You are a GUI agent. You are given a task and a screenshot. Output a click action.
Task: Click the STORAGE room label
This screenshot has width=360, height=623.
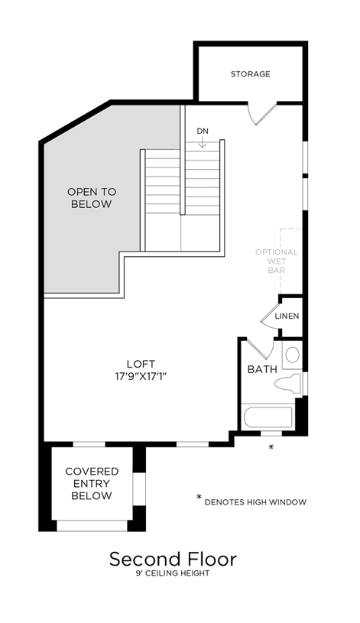tap(251, 74)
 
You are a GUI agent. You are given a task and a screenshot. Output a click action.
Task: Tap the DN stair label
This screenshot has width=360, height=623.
tap(203, 131)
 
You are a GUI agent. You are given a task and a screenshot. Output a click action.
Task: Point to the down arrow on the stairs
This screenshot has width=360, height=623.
tap(203, 142)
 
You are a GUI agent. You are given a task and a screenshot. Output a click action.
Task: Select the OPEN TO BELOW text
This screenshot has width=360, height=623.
tap(92, 198)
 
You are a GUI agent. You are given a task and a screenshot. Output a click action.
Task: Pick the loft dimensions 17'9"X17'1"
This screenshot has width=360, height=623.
tap(139, 376)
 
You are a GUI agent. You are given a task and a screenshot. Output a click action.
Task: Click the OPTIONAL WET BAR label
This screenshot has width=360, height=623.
tap(277, 261)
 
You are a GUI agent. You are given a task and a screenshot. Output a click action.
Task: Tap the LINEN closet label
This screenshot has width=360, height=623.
tap(287, 316)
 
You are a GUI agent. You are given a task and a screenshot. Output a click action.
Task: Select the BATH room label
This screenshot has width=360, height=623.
tap(262, 369)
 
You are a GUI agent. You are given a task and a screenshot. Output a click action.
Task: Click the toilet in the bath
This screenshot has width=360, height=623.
tap(288, 384)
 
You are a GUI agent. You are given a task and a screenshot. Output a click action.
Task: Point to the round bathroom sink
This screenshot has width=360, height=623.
tap(293, 355)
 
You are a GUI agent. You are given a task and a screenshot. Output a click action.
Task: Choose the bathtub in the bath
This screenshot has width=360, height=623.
tap(268, 417)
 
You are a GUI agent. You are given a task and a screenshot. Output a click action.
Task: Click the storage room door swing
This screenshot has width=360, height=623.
tap(261, 115)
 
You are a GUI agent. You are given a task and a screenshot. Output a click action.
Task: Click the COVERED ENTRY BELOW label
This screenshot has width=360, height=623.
tap(92, 484)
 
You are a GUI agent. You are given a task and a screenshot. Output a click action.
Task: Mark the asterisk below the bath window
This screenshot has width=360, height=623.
tap(271, 447)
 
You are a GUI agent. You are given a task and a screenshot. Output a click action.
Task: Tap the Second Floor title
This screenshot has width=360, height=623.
tap(173, 559)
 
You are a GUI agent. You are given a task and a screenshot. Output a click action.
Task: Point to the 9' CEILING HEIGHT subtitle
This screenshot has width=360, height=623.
tap(173, 573)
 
